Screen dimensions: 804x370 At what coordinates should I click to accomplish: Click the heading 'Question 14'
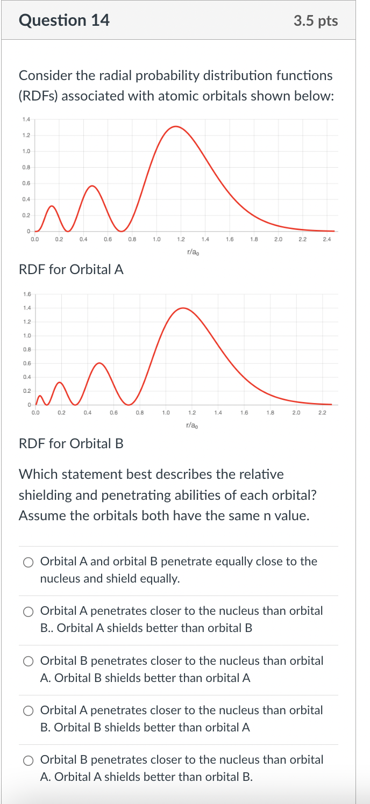pos(64,20)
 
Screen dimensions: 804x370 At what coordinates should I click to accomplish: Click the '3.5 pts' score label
pos(316,21)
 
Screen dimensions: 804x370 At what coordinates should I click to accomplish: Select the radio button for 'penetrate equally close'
pos(28,562)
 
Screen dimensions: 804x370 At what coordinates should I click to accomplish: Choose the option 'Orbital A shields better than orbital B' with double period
pos(28,612)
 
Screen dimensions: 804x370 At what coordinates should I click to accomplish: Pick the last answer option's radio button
pos(28,760)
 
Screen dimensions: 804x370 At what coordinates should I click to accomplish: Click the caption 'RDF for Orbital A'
pos(71,270)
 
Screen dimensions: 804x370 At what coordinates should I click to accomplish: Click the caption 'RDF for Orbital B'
pos(71,444)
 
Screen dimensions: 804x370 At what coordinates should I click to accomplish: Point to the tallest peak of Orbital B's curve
pos(183,308)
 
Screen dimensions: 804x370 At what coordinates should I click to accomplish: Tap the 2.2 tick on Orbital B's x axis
pos(322,413)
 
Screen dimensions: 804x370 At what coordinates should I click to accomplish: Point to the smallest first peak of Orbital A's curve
pos(52,206)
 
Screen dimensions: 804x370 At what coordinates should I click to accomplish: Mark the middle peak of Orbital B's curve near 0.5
pos(99,363)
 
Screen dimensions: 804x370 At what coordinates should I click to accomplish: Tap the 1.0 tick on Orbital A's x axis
pos(156,239)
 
